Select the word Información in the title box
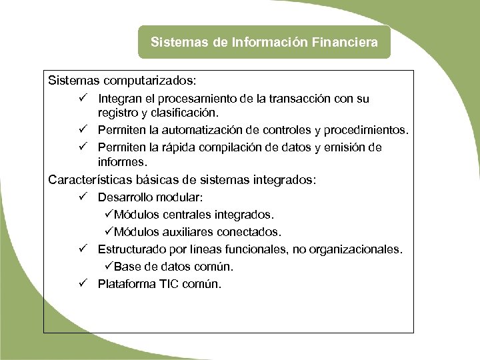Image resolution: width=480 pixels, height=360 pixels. coord(271,42)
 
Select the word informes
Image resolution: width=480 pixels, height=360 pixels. coord(122,161)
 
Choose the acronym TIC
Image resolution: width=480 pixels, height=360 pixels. coord(172,284)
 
